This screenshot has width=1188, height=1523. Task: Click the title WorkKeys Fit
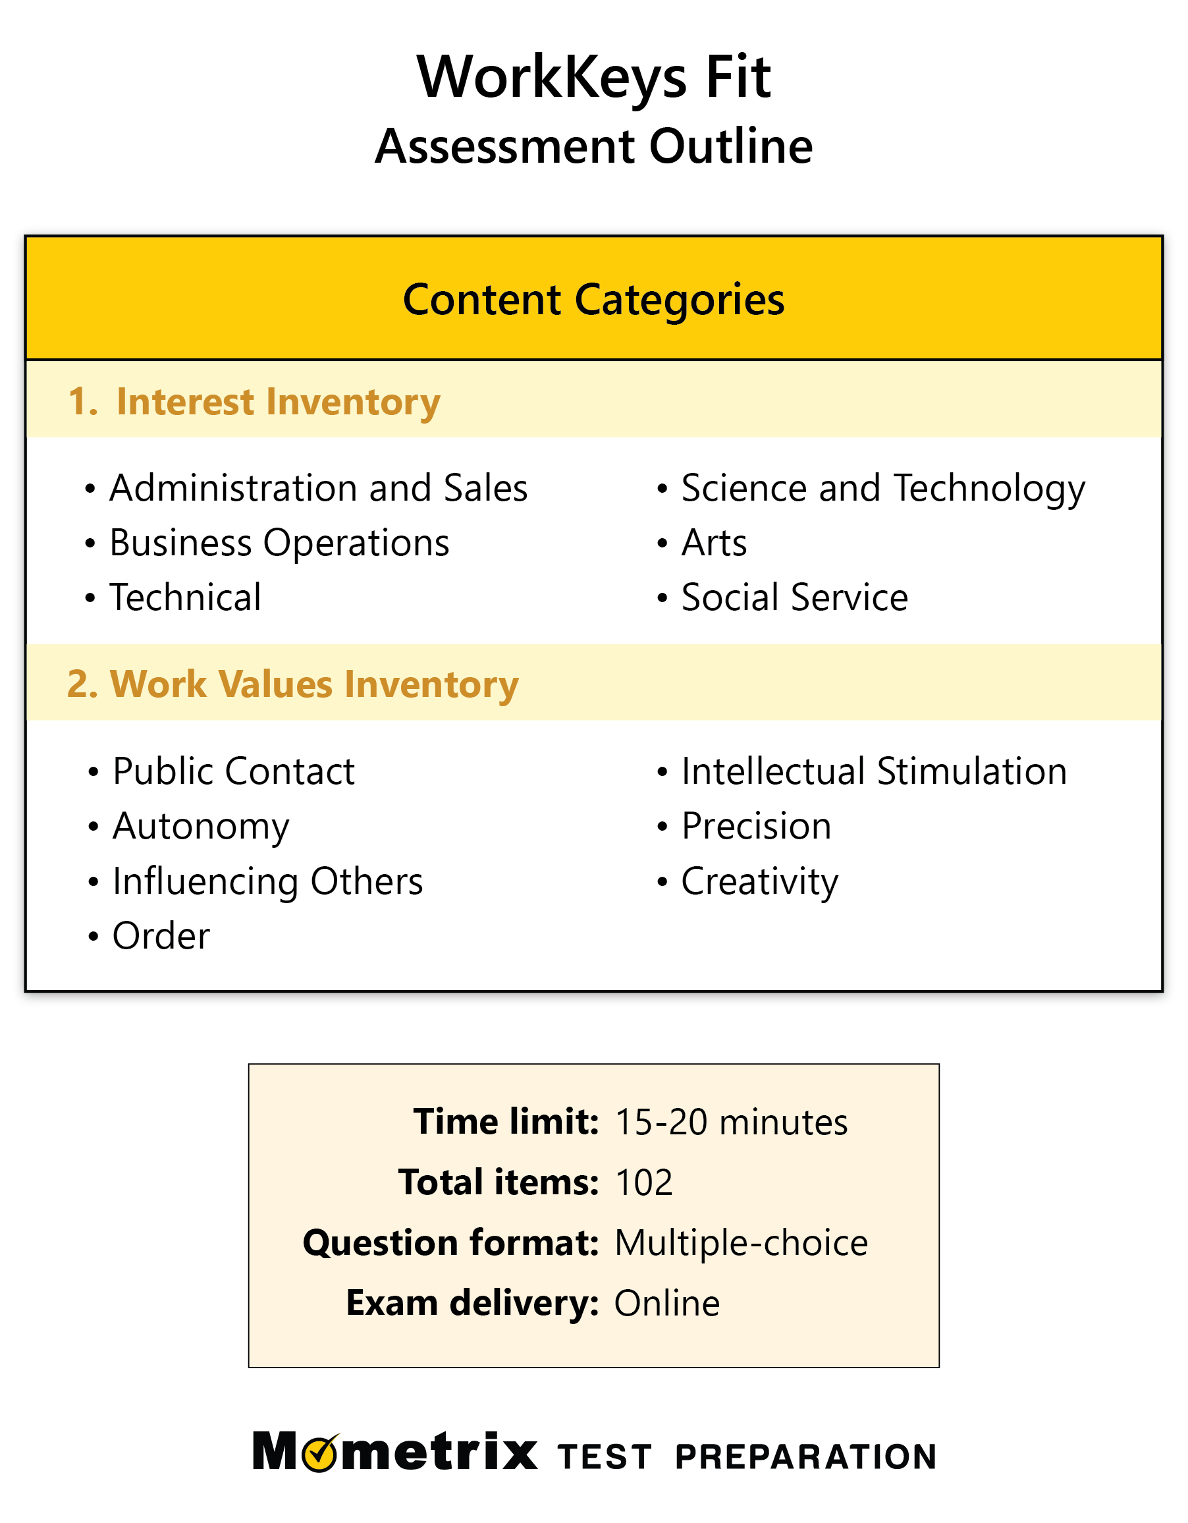[593, 78]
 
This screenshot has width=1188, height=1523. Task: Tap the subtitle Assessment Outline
[593, 146]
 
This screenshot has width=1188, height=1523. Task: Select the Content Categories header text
[593, 300]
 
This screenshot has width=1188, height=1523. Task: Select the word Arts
[714, 543]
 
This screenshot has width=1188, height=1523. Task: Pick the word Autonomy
[201, 827]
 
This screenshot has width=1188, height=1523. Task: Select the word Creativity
[760, 882]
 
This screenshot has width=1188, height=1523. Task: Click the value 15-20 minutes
[732, 1122]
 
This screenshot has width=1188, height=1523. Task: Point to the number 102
[644, 1182]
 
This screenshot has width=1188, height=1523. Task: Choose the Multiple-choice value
[741, 1243]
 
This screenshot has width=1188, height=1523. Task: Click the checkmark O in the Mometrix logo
[322, 1453]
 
